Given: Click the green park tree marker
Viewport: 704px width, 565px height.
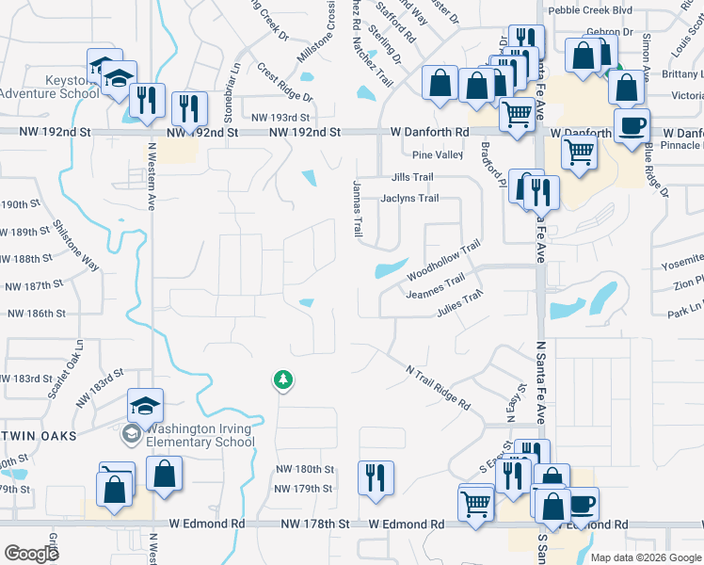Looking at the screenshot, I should (281, 379).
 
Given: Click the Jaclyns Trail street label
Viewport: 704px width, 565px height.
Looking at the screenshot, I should (409, 199).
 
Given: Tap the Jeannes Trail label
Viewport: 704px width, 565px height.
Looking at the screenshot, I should (435, 286).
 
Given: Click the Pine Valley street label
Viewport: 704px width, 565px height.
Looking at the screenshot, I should (438, 154).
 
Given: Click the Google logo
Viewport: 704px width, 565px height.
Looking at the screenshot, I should (32, 554).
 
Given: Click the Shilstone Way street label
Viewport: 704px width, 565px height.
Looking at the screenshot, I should (75, 246).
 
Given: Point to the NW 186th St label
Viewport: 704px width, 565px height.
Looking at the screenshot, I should (36, 313).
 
